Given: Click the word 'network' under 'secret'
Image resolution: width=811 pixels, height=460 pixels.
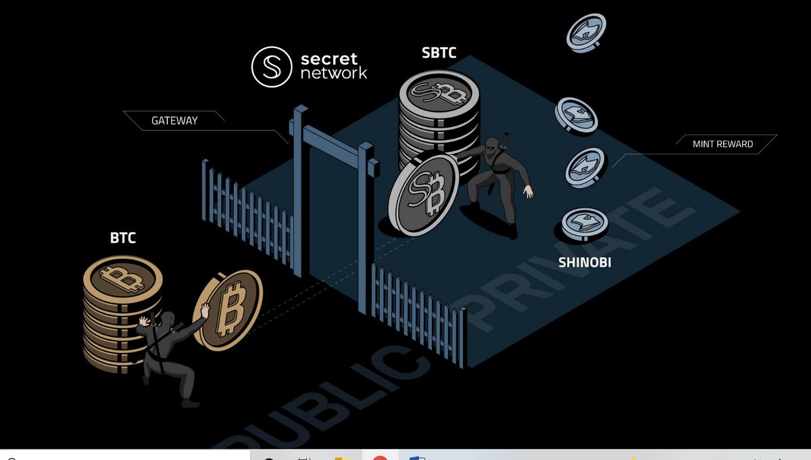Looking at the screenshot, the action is pos(334,73).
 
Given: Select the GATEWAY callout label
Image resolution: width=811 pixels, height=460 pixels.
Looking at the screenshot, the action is pos(174,120).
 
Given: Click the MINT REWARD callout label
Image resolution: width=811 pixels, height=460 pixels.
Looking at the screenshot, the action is pos(722,144).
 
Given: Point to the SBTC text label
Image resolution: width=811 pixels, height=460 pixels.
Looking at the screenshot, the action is pos(439,53).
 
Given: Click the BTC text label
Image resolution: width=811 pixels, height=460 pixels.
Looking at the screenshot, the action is pos(124,238).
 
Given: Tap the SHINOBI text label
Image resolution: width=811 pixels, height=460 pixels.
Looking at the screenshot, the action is pos(585,262).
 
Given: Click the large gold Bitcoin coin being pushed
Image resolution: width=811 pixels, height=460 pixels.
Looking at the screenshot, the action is pos(227,310).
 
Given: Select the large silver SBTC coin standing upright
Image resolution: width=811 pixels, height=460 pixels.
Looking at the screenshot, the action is pos(424,194).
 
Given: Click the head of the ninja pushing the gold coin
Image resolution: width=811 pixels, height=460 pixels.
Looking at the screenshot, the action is pos(167,323).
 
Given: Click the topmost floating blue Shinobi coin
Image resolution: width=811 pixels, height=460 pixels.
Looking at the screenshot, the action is pos(586,31).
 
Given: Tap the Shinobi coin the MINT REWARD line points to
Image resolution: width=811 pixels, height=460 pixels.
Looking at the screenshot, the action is pos(586,166).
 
